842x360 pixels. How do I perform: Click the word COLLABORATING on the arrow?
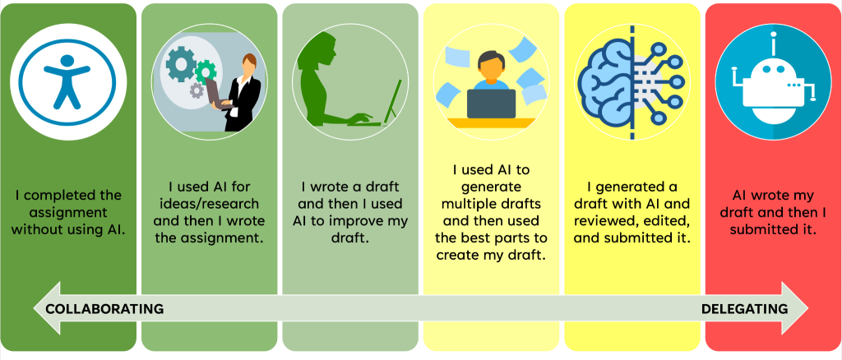coord(104,309)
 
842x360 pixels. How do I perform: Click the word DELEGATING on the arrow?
coord(745,309)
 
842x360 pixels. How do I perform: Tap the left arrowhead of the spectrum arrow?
coord(47,308)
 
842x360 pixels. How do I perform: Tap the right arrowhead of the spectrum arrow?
coord(794,308)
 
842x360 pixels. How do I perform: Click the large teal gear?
coord(181,64)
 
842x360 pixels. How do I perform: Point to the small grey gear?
coord(197,90)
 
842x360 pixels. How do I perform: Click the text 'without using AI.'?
coord(67,229)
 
